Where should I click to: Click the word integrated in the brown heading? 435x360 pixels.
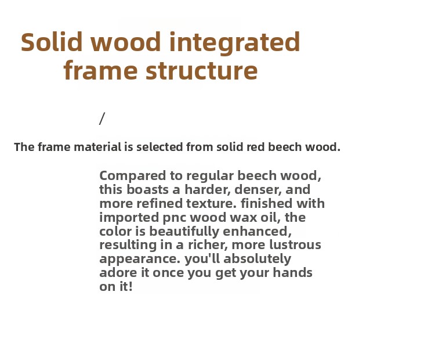point(234,42)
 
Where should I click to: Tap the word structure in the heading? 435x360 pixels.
point(202,71)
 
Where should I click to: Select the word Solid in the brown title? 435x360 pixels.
point(52,42)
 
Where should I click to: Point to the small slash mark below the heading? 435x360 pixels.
point(102,118)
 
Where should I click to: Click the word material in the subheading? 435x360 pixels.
point(97,147)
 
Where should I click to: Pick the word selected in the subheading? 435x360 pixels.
point(159,147)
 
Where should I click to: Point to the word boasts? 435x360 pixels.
point(147,190)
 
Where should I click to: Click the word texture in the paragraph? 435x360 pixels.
point(211,204)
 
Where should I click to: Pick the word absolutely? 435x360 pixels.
point(257,259)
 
